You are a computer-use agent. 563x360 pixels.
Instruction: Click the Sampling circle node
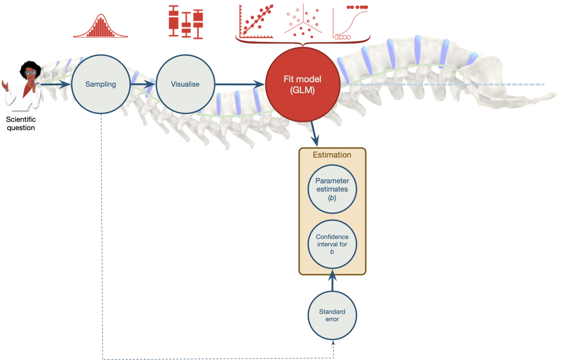click(101, 84)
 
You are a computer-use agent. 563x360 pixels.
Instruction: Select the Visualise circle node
click(185, 84)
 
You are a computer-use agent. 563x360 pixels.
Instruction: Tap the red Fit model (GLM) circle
click(302, 84)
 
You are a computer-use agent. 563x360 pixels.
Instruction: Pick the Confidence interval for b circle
click(332, 244)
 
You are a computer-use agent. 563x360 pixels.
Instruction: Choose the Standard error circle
click(332, 316)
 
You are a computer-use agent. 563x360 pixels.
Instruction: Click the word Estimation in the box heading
click(332, 155)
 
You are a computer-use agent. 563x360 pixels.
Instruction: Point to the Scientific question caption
click(21, 124)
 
